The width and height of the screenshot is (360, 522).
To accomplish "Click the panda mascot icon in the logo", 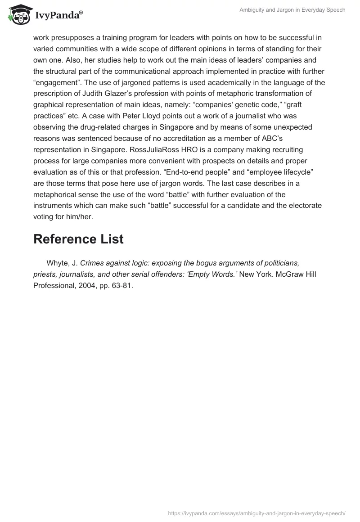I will (x=16, y=14).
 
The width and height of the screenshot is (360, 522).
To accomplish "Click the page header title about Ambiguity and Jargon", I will (x=293, y=10).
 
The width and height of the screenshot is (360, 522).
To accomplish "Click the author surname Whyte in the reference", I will (x=58, y=263).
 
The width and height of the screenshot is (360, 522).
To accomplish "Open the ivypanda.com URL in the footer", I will (x=256, y=513).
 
